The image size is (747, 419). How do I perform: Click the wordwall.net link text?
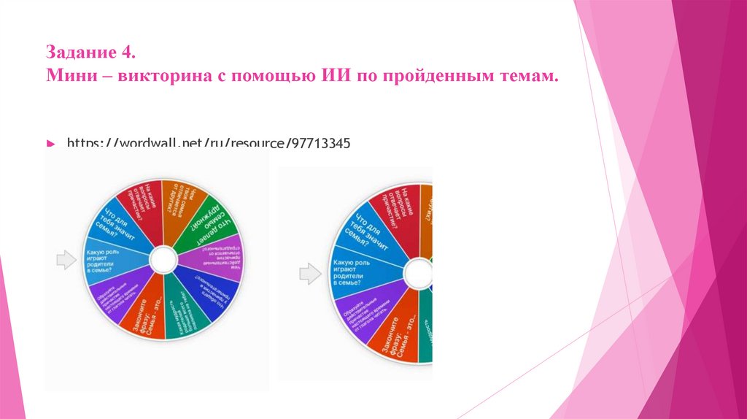click(209, 144)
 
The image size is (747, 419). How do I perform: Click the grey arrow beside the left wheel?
click(66, 260)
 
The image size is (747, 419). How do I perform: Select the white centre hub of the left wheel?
click(163, 260)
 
